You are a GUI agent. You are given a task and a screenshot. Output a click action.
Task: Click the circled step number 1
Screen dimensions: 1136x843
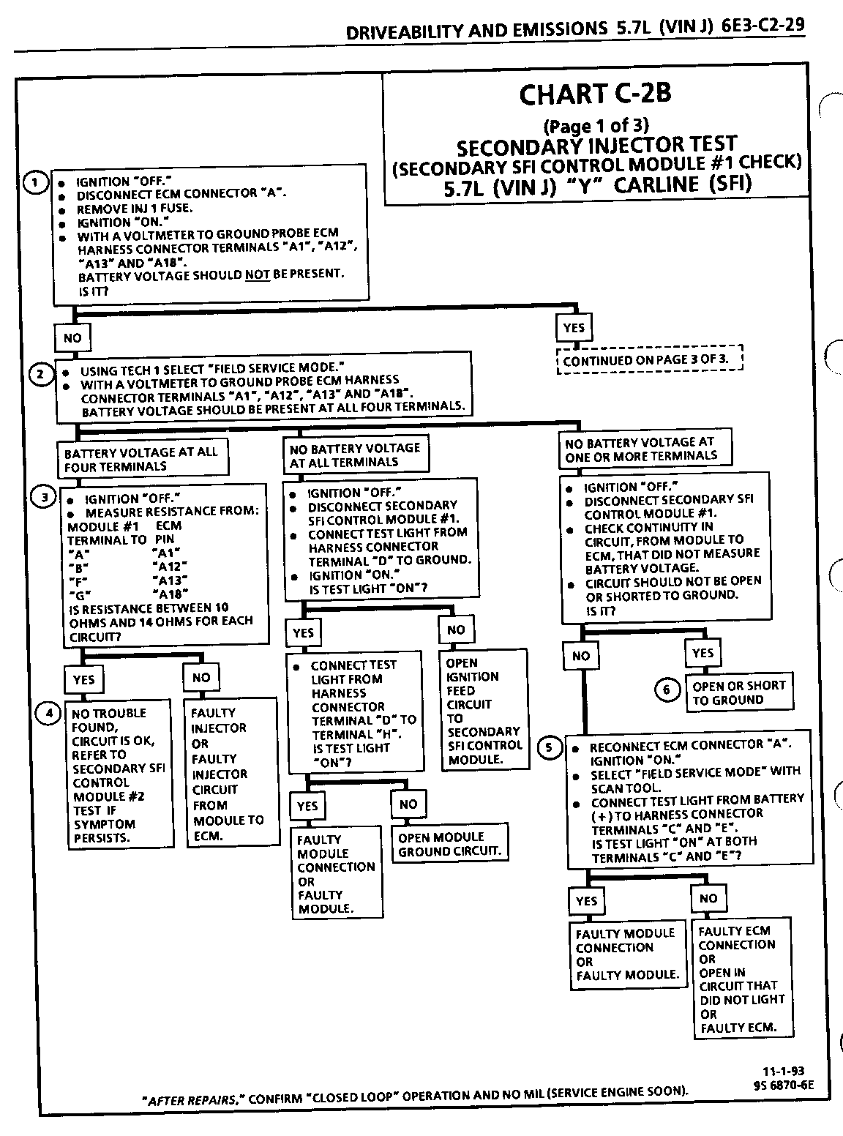pyautogui.click(x=34, y=182)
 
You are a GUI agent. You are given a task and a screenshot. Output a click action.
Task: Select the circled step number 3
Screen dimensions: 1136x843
pyautogui.click(x=45, y=497)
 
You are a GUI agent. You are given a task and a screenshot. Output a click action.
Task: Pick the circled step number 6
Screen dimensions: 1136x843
pyautogui.click(x=667, y=690)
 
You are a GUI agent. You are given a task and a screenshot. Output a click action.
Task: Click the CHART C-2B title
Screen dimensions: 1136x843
pyautogui.click(x=595, y=94)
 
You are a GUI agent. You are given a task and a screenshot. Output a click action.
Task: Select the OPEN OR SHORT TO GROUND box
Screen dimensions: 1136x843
pyautogui.click(x=739, y=692)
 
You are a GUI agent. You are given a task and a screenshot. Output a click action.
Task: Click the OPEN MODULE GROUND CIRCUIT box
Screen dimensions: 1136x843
pyautogui.click(x=450, y=844)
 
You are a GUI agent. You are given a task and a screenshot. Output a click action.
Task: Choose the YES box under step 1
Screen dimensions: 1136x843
pyautogui.click(x=574, y=328)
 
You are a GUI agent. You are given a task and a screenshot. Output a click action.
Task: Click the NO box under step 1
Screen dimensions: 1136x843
pyautogui.click(x=72, y=337)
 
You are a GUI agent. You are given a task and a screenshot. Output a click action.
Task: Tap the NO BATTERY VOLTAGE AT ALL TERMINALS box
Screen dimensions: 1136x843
pyautogui.click(x=356, y=455)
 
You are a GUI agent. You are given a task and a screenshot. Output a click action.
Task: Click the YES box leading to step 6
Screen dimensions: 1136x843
pyautogui.click(x=702, y=652)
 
